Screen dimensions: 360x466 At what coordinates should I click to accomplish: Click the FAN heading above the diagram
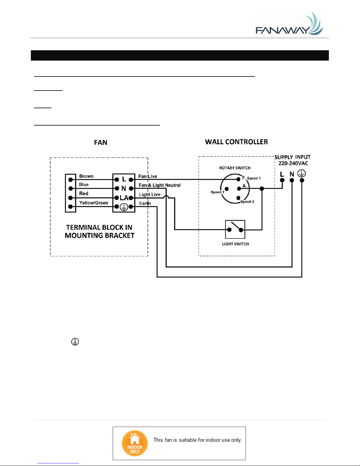(101, 143)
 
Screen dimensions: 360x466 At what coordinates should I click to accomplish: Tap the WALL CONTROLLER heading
(236, 142)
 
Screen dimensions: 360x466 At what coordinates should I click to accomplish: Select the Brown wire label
(86, 176)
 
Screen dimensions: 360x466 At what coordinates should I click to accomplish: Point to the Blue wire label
(84, 185)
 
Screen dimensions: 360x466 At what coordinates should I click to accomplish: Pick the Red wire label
(84, 193)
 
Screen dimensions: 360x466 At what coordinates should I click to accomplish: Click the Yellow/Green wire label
(93, 203)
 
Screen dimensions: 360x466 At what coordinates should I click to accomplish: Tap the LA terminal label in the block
(124, 198)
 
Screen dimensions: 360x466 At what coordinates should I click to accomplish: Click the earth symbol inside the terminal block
(124, 207)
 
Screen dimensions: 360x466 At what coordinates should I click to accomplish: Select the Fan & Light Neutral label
(160, 185)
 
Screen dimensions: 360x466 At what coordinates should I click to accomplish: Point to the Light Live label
(150, 195)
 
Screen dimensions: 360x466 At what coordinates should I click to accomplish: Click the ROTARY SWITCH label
(235, 168)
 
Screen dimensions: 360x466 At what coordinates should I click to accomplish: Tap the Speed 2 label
(217, 192)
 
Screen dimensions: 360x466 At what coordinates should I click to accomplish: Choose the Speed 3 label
(247, 202)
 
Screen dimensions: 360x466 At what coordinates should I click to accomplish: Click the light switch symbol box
(235, 229)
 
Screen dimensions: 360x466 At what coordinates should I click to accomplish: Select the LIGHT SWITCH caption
(235, 244)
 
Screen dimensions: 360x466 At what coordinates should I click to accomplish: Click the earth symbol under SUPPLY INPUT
(302, 173)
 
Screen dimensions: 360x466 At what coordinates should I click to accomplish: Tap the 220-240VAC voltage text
(293, 163)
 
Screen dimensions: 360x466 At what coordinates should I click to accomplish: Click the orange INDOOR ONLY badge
(135, 443)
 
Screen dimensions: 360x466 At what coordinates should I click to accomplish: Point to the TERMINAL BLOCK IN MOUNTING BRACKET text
(99, 231)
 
